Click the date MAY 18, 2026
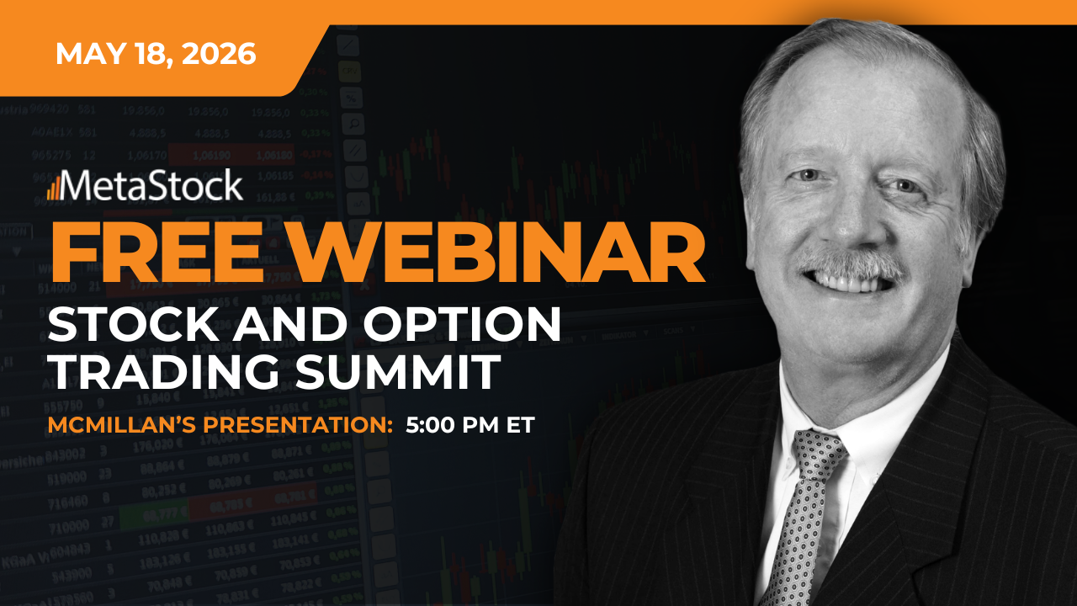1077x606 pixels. pyautogui.click(x=156, y=54)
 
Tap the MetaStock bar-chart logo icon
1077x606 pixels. pyautogui.click(x=53, y=188)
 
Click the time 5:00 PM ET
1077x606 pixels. pyautogui.click(x=470, y=425)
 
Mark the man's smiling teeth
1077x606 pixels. pyautogui.click(x=847, y=283)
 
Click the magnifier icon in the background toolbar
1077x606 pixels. pyautogui.click(x=353, y=124)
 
